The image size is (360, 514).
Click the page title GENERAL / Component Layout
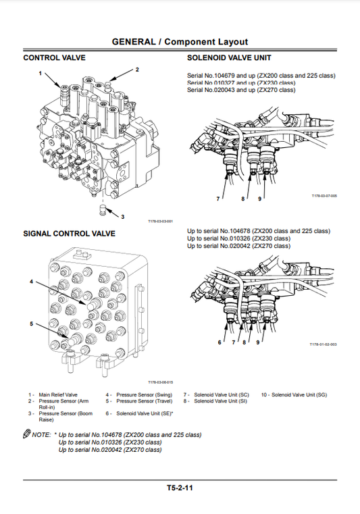click(180, 42)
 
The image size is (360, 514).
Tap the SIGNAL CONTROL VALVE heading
click(70, 234)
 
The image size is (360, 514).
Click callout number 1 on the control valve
click(41, 72)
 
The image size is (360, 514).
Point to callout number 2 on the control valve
click(137, 70)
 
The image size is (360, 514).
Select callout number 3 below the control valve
click(122, 217)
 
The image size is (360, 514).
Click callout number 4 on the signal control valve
click(30, 281)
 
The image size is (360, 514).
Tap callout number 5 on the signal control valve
click(30, 324)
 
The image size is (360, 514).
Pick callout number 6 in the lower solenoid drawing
click(220, 342)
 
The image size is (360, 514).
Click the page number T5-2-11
click(180, 487)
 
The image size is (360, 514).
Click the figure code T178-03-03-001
click(161, 222)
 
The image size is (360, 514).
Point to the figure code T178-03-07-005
click(324, 196)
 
